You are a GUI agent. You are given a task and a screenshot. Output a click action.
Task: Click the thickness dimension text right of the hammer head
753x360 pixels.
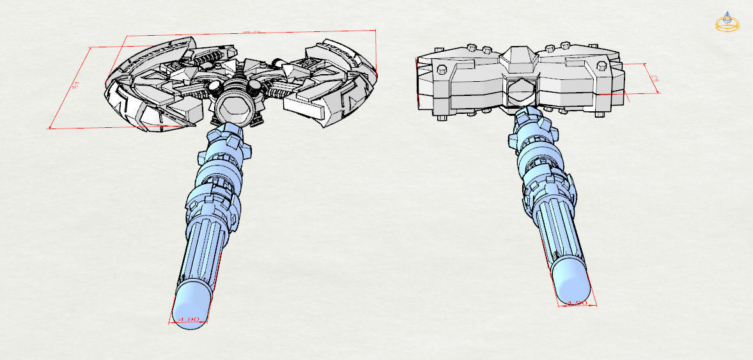pos(653,79)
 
